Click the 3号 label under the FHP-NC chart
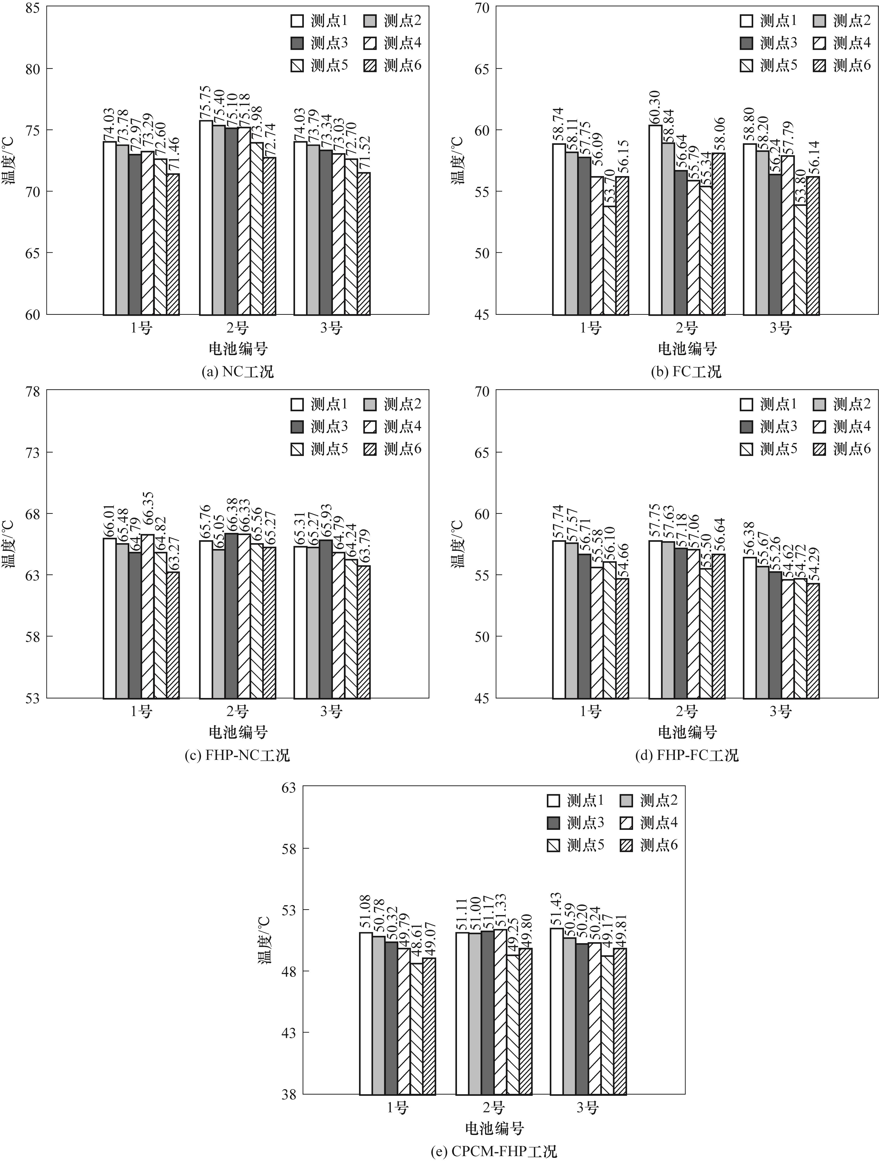pyautogui.click(x=332, y=712)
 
